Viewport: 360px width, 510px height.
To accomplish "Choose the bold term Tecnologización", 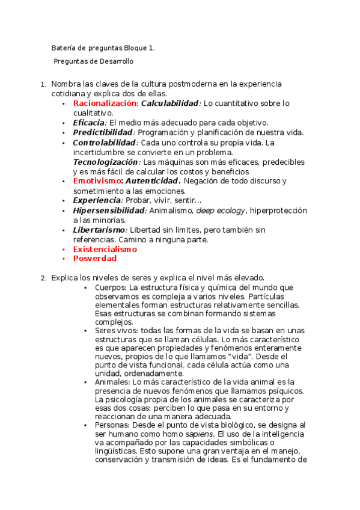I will tap(105, 162).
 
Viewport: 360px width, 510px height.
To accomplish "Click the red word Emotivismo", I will tap(97, 181).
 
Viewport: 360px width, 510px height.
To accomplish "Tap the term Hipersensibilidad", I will tap(109, 210).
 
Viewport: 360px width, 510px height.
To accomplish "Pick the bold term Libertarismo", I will tap(99, 230).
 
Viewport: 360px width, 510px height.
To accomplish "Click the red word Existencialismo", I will tap(105, 249).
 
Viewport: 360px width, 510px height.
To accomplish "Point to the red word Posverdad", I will tap(94, 259).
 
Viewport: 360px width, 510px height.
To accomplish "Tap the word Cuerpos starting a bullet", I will tap(111, 288).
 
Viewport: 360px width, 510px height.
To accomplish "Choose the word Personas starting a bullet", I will tap(112, 424).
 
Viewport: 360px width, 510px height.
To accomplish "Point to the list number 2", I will tap(43, 278).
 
